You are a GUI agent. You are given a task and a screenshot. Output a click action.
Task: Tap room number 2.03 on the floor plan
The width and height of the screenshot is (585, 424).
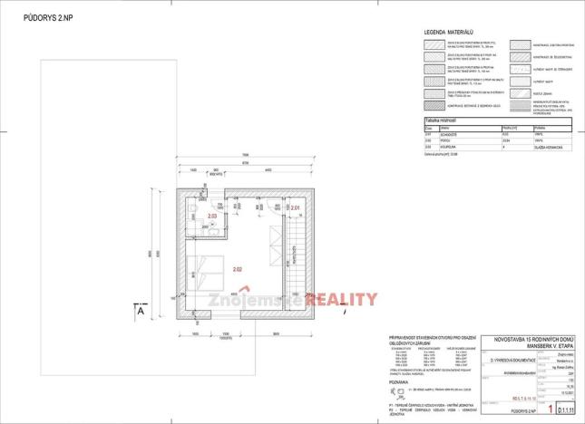(211, 217)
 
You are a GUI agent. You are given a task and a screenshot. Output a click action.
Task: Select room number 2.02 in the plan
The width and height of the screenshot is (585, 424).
(237, 270)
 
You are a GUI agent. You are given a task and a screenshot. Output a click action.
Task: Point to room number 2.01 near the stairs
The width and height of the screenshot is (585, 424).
(295, 209)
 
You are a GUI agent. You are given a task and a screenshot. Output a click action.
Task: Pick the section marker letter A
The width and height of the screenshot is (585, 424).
(142, 310)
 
